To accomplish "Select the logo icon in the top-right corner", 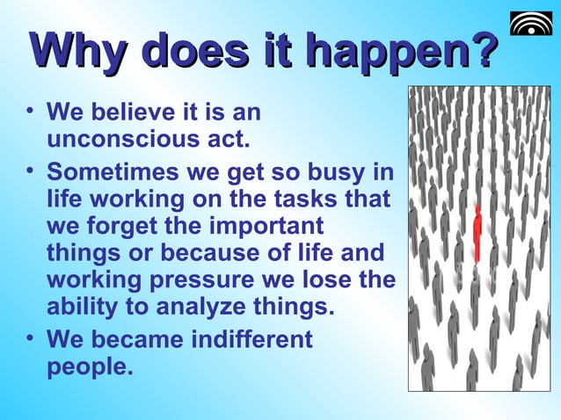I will (x=532, y=25).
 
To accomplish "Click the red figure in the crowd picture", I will (x=477, y=234).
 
